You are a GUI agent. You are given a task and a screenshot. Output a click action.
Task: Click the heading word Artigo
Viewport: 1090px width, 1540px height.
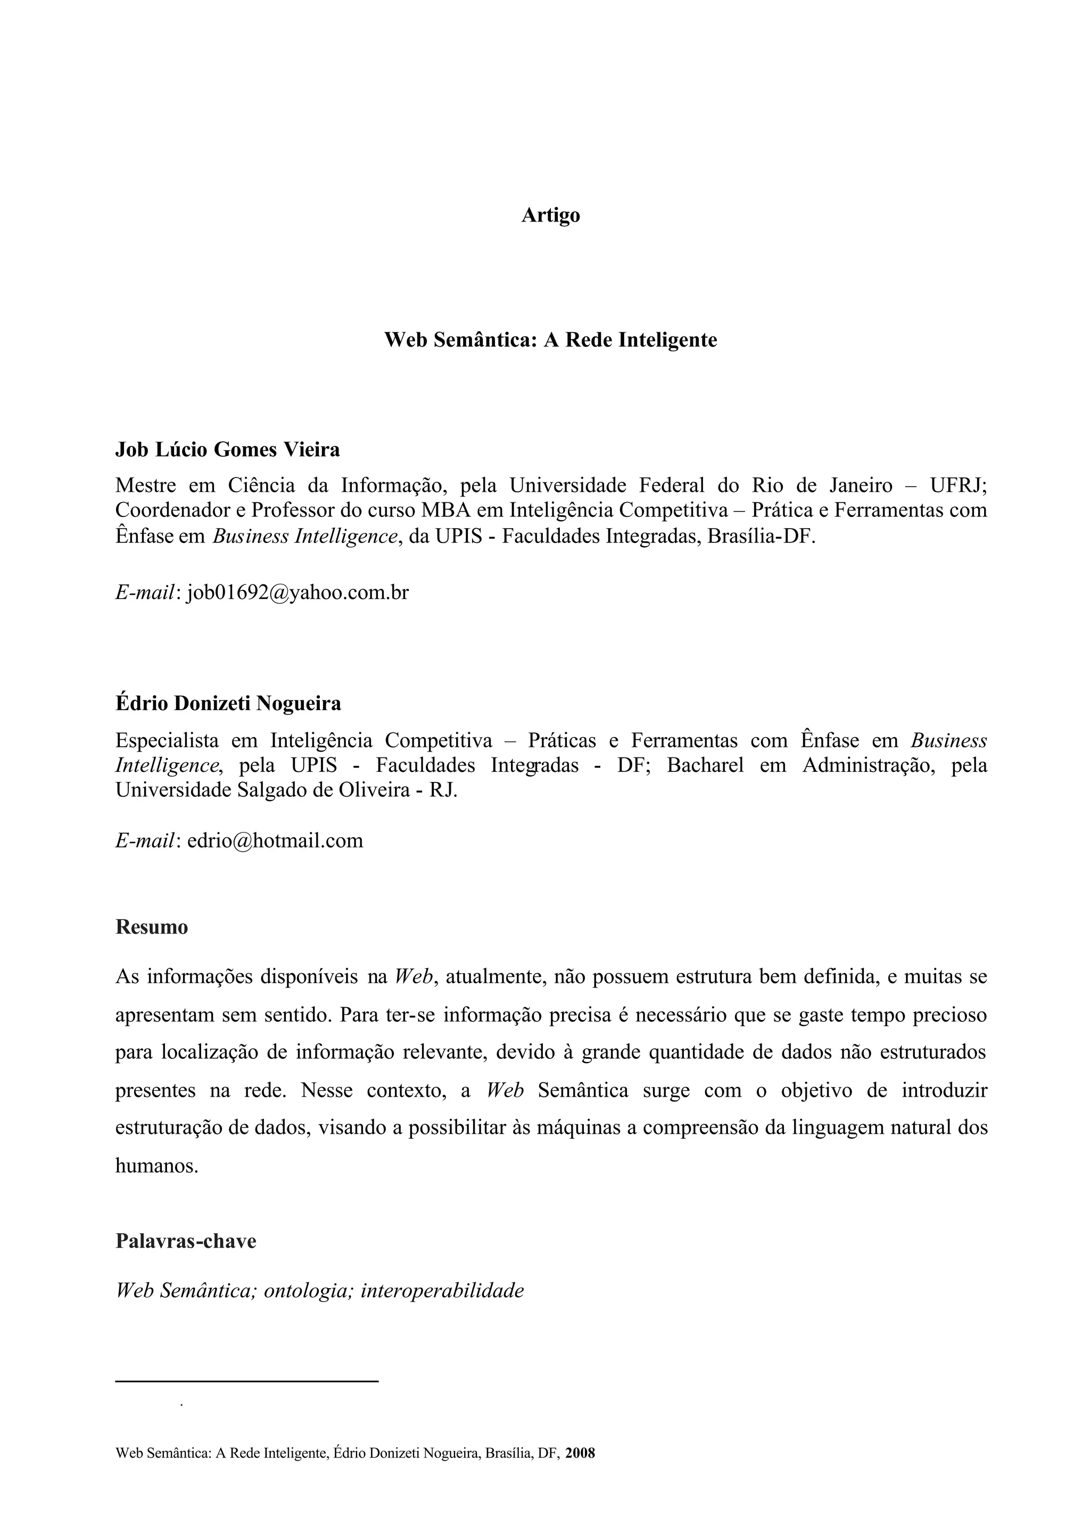[x=550, y=216]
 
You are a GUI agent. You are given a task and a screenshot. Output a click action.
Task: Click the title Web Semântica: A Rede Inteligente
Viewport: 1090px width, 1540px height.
[x=550, y=340]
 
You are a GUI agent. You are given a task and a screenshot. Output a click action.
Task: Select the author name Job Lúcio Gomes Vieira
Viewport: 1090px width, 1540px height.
[x=228, y=449]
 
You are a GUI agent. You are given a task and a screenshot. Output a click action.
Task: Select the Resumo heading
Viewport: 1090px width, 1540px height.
[x=152, y=927]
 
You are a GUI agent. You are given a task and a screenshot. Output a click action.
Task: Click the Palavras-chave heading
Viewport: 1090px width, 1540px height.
[x=186, y=1241]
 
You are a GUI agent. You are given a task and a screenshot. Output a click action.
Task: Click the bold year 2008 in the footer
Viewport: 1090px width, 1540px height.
[x=580, y=1454]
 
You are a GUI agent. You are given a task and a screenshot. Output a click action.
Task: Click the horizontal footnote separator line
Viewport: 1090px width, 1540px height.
[x=247, y=1381]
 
